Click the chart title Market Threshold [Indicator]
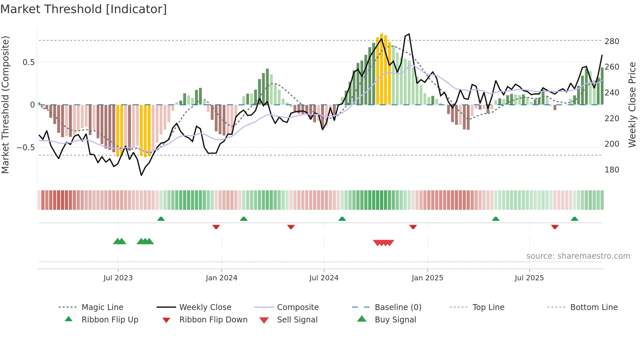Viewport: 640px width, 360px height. coord(84,9)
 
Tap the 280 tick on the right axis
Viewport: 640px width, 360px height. coord(612,41)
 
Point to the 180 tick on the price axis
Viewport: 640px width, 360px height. coord(612,170)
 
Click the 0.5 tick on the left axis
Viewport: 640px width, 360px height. coord(28,62)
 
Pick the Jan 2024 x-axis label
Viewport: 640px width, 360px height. coord(221,278)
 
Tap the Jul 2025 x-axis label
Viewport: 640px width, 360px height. coord(529,278)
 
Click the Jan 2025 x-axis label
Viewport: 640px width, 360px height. coord(427,278)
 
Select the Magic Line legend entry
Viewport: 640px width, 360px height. coord(102,307)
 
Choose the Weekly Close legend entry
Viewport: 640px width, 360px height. coord(205,307)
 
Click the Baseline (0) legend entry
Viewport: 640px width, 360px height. coord(398,307)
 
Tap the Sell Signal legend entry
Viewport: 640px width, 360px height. coord(297,320)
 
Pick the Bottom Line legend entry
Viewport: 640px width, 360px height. coord(594,307)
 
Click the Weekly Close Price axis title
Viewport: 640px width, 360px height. coord(632,105)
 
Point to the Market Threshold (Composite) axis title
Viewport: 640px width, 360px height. coord(5,105)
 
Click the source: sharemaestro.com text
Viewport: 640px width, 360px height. coord(578,256)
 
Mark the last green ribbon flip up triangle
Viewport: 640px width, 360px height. coord(574,219)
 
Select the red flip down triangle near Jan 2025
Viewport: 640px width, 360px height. coord(413,227)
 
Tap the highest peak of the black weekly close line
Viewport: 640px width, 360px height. coord(409,34)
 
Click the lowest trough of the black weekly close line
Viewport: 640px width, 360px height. coord(141,175)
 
